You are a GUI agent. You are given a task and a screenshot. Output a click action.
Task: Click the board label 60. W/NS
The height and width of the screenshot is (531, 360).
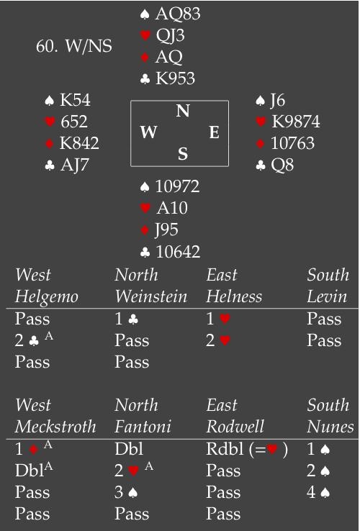(x=74, y=46)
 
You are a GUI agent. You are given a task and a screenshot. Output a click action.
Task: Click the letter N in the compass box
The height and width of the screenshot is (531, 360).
(x=183, y=111)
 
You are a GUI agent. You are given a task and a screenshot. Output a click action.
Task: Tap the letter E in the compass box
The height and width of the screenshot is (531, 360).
(x=214, y=132)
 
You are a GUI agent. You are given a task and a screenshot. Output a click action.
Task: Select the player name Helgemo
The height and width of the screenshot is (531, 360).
(x=47, y=297)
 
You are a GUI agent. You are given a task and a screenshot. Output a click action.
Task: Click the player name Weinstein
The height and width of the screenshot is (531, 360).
(x=151, y=296)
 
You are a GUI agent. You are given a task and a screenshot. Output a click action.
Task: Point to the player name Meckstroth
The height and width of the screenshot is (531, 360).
(x=55, y=427)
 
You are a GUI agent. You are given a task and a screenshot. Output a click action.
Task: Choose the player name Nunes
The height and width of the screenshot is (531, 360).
(x=330, y=427)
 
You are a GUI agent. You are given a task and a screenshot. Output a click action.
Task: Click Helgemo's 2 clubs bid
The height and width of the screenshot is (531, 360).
(x=34, y=340)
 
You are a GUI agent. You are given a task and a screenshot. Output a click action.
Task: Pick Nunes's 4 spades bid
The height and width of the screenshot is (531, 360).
(x=318, y=492)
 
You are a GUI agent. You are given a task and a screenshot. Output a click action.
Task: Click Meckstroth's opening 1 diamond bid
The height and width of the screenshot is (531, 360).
(x=34, y=449)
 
